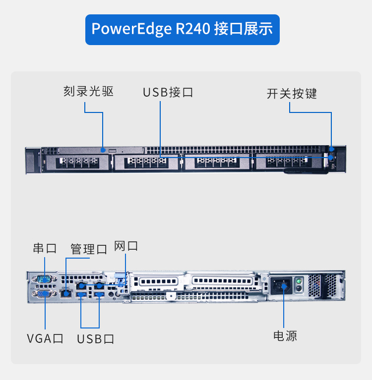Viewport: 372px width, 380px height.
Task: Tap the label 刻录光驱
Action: point(88,92)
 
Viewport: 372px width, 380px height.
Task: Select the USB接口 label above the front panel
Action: point(168,93)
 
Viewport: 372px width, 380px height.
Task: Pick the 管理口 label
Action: point(89,249)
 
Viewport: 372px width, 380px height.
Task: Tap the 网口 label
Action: point(126,246)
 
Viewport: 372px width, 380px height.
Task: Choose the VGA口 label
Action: point(45,339)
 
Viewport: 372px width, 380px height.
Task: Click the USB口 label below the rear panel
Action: point(96,339)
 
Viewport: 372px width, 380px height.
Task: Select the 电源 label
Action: point(285,336)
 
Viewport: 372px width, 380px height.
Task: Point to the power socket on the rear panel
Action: point(280,285)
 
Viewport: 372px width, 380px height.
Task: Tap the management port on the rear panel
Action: point(65,293)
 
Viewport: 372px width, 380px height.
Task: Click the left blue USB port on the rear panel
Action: point(81,295)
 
